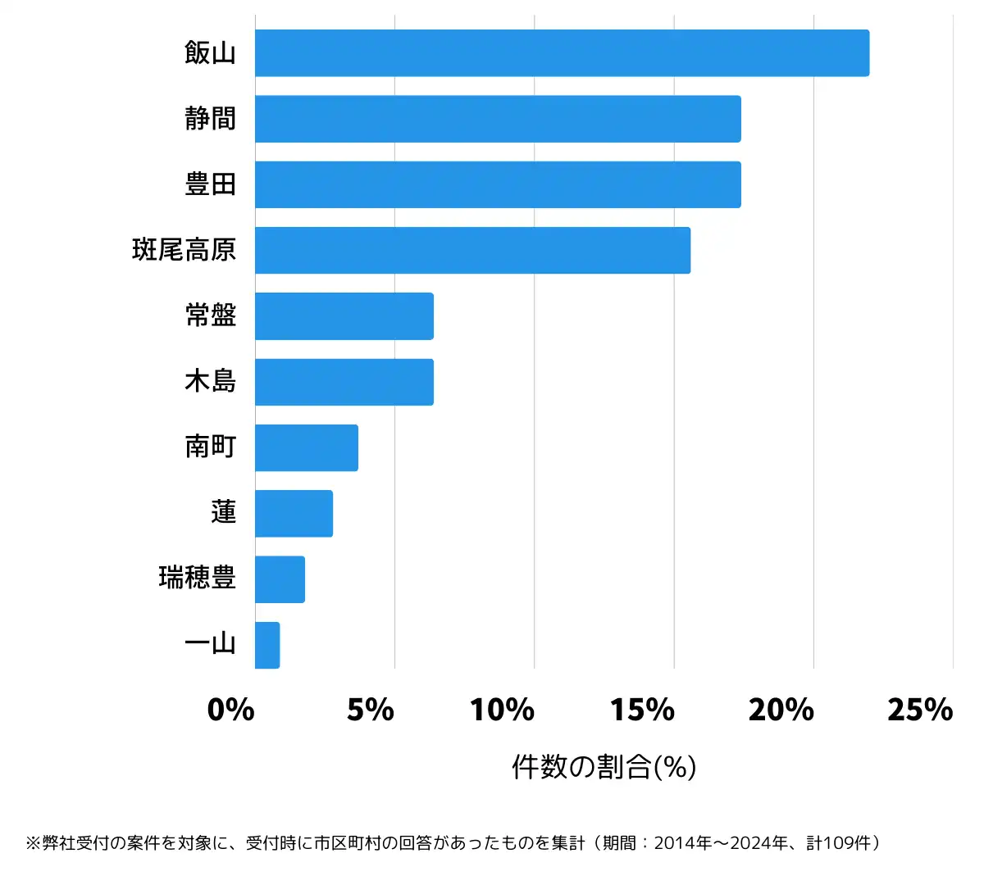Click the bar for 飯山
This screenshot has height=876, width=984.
[562, 53]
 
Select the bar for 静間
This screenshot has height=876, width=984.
[498, 119]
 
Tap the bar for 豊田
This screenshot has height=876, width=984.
[498, 184]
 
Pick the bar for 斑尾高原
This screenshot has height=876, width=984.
[472, 250]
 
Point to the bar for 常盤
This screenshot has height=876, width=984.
[344, 315]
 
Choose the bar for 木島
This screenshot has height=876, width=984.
[344, 382]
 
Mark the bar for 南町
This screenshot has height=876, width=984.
[307, 447]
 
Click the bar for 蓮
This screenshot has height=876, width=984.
[294, 513]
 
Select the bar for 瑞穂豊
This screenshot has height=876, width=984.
[280, 579]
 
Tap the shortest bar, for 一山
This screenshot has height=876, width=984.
[267, 645]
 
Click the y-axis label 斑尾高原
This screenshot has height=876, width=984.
[184, 250]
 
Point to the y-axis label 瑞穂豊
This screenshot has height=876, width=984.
[198, 578]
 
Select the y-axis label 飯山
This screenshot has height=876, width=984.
[211, 53]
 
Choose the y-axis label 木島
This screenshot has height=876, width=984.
[211, 381]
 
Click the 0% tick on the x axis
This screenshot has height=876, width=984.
[231, 710]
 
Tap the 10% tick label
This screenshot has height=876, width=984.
[502, 710]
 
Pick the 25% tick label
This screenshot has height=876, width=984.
[920, 710]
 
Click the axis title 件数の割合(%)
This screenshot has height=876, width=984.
[604, 767]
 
